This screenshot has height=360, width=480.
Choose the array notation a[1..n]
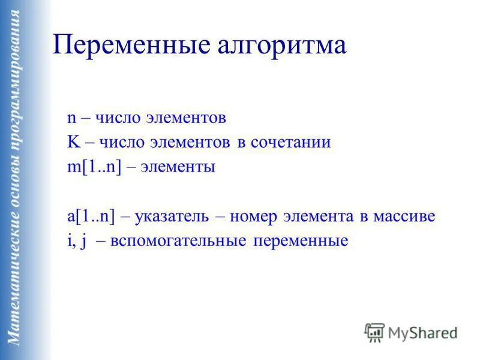pos(92,217)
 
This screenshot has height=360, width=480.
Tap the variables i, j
pos(77,241)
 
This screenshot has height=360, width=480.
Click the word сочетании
pos(295,142)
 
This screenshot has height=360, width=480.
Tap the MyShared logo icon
pos(374,331)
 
